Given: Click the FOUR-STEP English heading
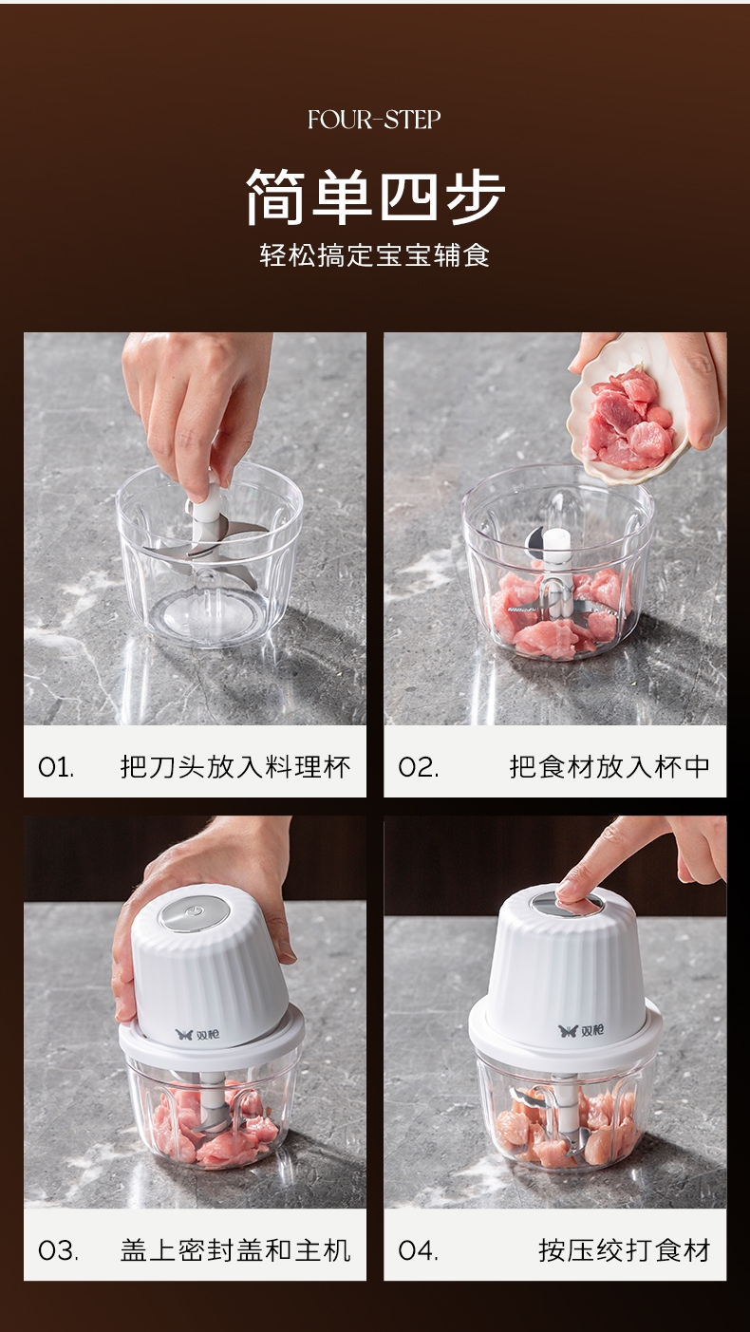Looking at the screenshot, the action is (x=374, y=120).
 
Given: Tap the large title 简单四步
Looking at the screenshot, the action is (x=375, y=196).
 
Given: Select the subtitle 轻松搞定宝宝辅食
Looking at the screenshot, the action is (x=375, y=255).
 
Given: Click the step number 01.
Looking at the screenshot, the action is (x=56, y=767).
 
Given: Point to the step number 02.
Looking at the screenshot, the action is (x=418, y=767).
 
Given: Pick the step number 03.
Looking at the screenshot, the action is (x=58, y=1250).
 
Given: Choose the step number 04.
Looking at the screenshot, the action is (x=418, y=1250).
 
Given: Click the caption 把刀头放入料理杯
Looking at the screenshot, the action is (x=235, y=766).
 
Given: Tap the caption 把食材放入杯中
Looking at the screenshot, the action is (x=609, y=766).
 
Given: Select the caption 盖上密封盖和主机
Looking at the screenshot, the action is (x=235, y=1250).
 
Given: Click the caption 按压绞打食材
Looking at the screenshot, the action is (x=625, y=1250).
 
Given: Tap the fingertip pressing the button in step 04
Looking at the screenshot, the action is (x=575, y=904).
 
